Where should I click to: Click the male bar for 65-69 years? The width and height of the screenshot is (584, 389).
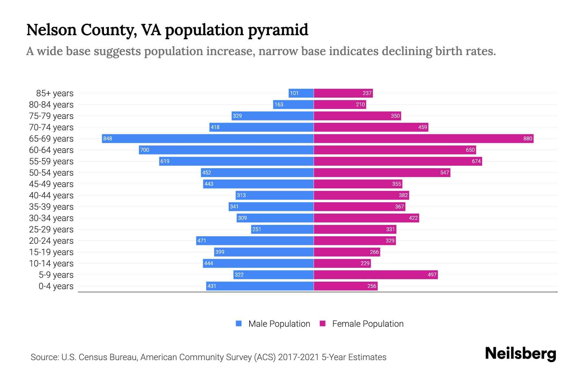point(208,138)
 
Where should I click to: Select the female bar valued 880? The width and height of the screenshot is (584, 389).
point(423,138)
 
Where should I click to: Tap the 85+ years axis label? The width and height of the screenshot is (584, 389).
point(55,93)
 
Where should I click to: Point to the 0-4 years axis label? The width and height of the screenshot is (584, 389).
point(56,286)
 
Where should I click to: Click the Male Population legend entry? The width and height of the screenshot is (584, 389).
point(279,324)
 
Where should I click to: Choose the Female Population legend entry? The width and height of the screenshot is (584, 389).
point(368,324)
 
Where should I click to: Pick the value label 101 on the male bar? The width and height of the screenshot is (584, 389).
point(294,93)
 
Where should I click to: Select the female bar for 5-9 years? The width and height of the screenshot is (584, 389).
point(376,275)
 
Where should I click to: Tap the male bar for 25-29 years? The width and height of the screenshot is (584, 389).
point(282,229)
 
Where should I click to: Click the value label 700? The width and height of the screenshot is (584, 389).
point(145,150)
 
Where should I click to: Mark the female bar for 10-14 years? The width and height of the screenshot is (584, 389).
point(342,263)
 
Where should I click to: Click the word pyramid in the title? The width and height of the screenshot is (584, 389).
point(278,30)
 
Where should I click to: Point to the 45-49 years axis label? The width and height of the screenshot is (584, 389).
point(51,184)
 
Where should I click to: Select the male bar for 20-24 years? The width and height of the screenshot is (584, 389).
point(255,241)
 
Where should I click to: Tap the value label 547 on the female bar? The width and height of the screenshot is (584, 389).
point(444,172)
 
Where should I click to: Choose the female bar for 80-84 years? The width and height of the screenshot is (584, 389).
point(340,104)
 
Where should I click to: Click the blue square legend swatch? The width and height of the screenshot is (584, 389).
point(239,324)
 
